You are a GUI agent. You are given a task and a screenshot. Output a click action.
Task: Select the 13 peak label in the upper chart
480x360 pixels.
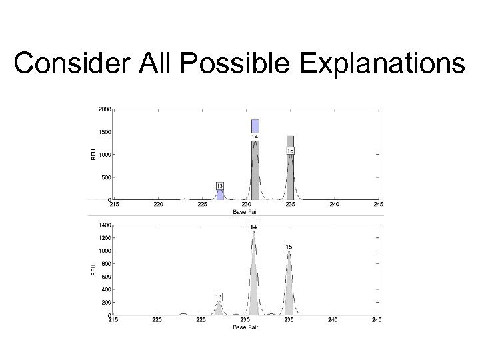[220, 185]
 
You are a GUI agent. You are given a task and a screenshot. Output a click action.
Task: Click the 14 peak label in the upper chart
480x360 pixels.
[255, 137]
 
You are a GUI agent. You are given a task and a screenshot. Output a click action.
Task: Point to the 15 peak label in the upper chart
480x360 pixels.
[290, 151]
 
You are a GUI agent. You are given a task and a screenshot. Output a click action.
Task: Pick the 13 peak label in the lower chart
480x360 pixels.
[219, 296]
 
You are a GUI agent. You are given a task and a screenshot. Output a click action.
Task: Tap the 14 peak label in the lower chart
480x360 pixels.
[253, 228]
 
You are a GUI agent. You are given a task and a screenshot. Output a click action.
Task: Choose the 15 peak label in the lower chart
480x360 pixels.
[289, 247]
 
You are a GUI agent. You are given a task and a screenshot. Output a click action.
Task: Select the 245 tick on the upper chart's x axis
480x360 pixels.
[377, 205]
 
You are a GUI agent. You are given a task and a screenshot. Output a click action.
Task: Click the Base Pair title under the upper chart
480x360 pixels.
[246, 211]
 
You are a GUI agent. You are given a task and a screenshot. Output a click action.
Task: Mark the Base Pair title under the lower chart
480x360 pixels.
[245, 327]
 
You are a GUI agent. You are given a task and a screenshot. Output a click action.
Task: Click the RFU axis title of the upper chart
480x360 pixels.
[93, 154]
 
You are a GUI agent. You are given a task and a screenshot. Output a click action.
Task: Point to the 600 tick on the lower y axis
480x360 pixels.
[105, 277]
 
